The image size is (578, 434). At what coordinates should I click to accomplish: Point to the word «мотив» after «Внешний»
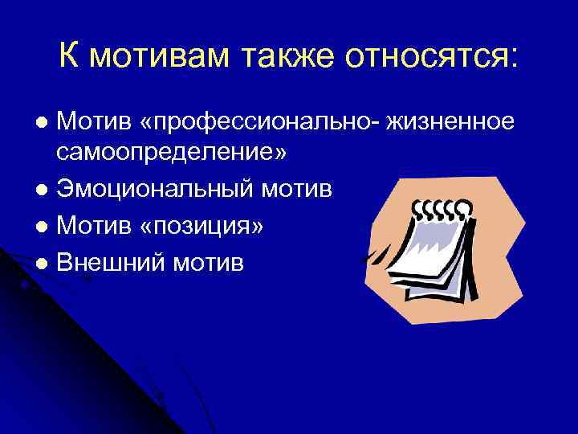(206, 262)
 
